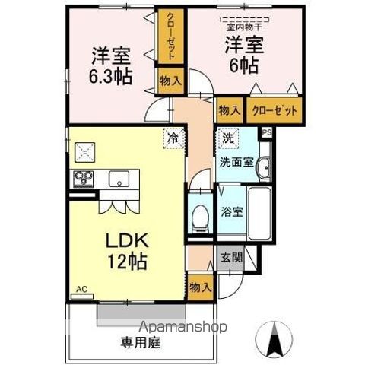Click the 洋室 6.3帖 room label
coord(110,66)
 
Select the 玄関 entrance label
coord(231,258)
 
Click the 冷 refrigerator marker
coord(173,138)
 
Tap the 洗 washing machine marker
coord(227,139)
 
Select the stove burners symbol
coord(82,180)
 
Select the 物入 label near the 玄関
coord(201,288)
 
